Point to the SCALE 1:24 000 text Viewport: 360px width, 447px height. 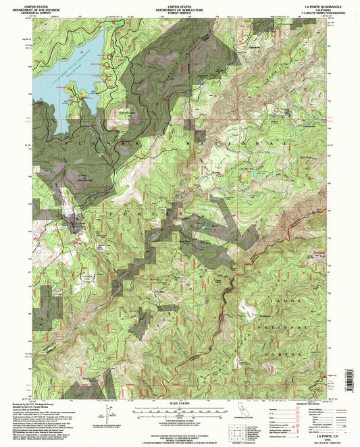click(179, 403)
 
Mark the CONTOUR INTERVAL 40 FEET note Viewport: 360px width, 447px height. click(179, 421)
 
